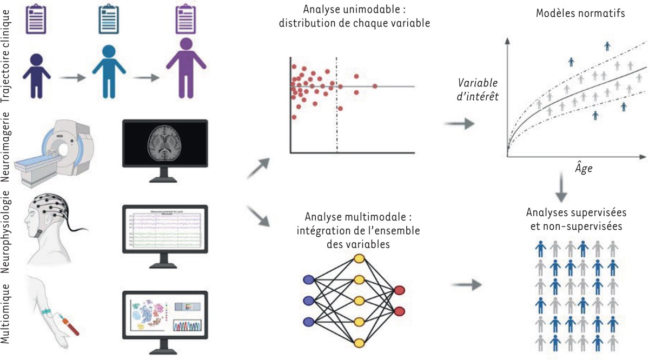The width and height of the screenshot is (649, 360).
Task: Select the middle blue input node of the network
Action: click(309, 300)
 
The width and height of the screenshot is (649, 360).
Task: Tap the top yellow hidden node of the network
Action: click(359, 259)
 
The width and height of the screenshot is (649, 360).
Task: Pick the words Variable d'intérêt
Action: click(478, 90)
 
